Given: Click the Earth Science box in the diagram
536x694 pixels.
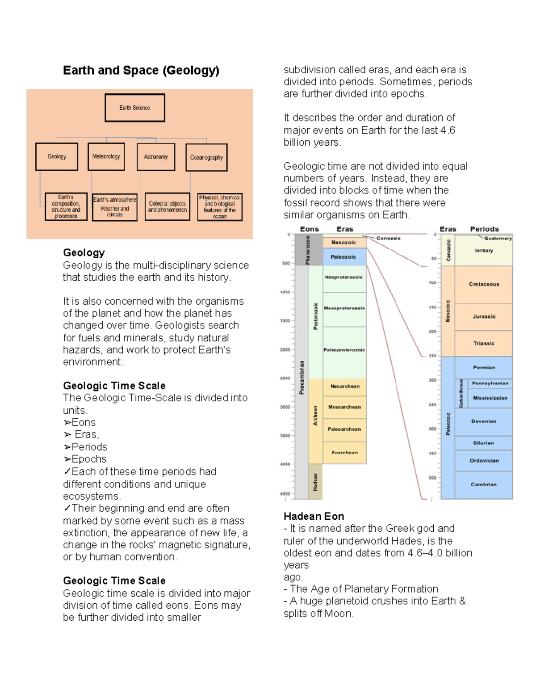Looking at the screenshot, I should [135, 108].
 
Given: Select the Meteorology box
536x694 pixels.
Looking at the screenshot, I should [106, 156].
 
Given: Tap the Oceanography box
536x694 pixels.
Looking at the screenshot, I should [206, 157].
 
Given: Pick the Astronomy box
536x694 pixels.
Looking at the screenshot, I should [156, 157].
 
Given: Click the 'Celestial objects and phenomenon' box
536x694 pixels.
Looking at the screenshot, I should [167, 206].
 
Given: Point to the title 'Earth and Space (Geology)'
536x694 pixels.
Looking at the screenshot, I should [141, 71].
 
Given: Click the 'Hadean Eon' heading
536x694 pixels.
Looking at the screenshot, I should [314, 517].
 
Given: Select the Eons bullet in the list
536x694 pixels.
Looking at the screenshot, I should [80, 422].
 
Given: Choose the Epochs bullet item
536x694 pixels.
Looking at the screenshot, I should [85, 459].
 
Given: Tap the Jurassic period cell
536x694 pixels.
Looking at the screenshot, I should [484, 317].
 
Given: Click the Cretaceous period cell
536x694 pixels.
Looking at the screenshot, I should [484, 284].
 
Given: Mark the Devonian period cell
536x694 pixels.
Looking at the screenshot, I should [483, 421].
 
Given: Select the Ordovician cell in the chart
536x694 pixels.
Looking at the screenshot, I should [484, 461].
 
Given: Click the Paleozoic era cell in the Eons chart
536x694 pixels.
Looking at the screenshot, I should [343, 257].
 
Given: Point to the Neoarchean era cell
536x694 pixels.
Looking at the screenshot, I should [345, 387].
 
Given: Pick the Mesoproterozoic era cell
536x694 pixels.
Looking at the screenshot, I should [344, 308].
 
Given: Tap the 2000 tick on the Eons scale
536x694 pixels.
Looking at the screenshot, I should [285, 350].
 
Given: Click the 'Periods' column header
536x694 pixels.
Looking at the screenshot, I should [484, 229].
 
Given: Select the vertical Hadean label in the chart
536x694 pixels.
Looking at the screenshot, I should [315, 482].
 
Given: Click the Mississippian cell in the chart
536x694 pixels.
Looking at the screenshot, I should [490, 398].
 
